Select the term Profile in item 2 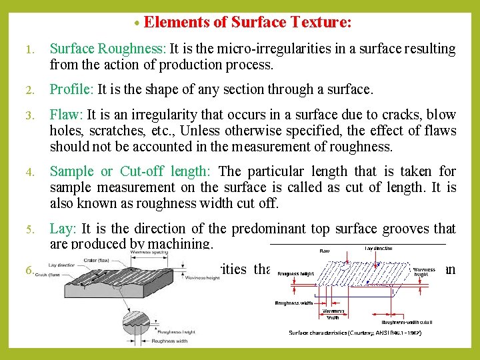pos(72,89)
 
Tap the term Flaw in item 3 pos(65,115)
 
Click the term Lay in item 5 pos(61,229)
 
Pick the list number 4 pos(30,172)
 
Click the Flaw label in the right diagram pos(324,252)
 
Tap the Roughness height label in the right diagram pos(295,273)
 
